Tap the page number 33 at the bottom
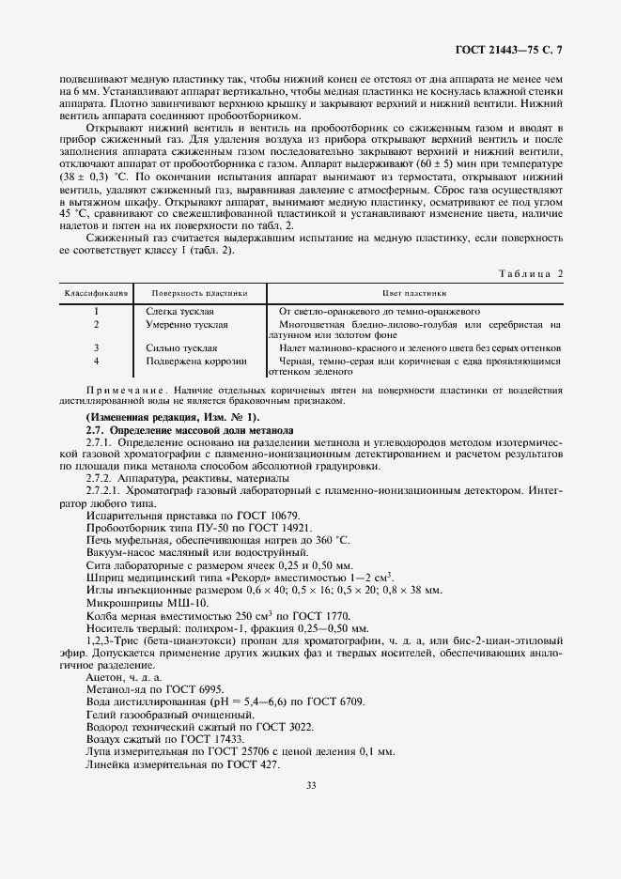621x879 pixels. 310,787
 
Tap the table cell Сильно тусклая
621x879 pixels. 182,347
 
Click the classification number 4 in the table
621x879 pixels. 96,361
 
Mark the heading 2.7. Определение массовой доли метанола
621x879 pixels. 190,429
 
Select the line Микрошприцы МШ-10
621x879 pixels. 142,601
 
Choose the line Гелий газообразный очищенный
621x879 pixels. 164,714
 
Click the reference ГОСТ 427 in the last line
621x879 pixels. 254,764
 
